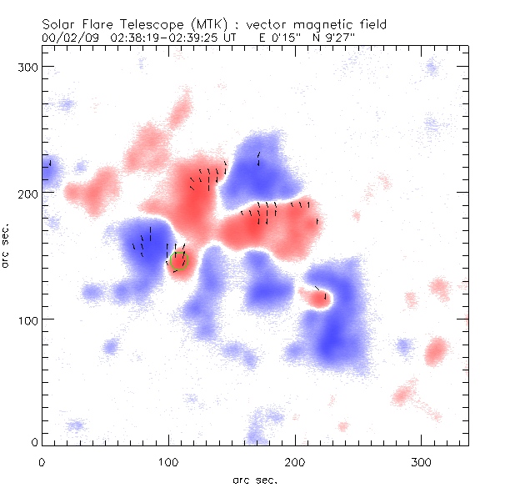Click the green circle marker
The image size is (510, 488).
tap(178, 259)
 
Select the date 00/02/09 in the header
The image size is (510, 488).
tap(67, 38)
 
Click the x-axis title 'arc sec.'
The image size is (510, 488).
tap(255, 478)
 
